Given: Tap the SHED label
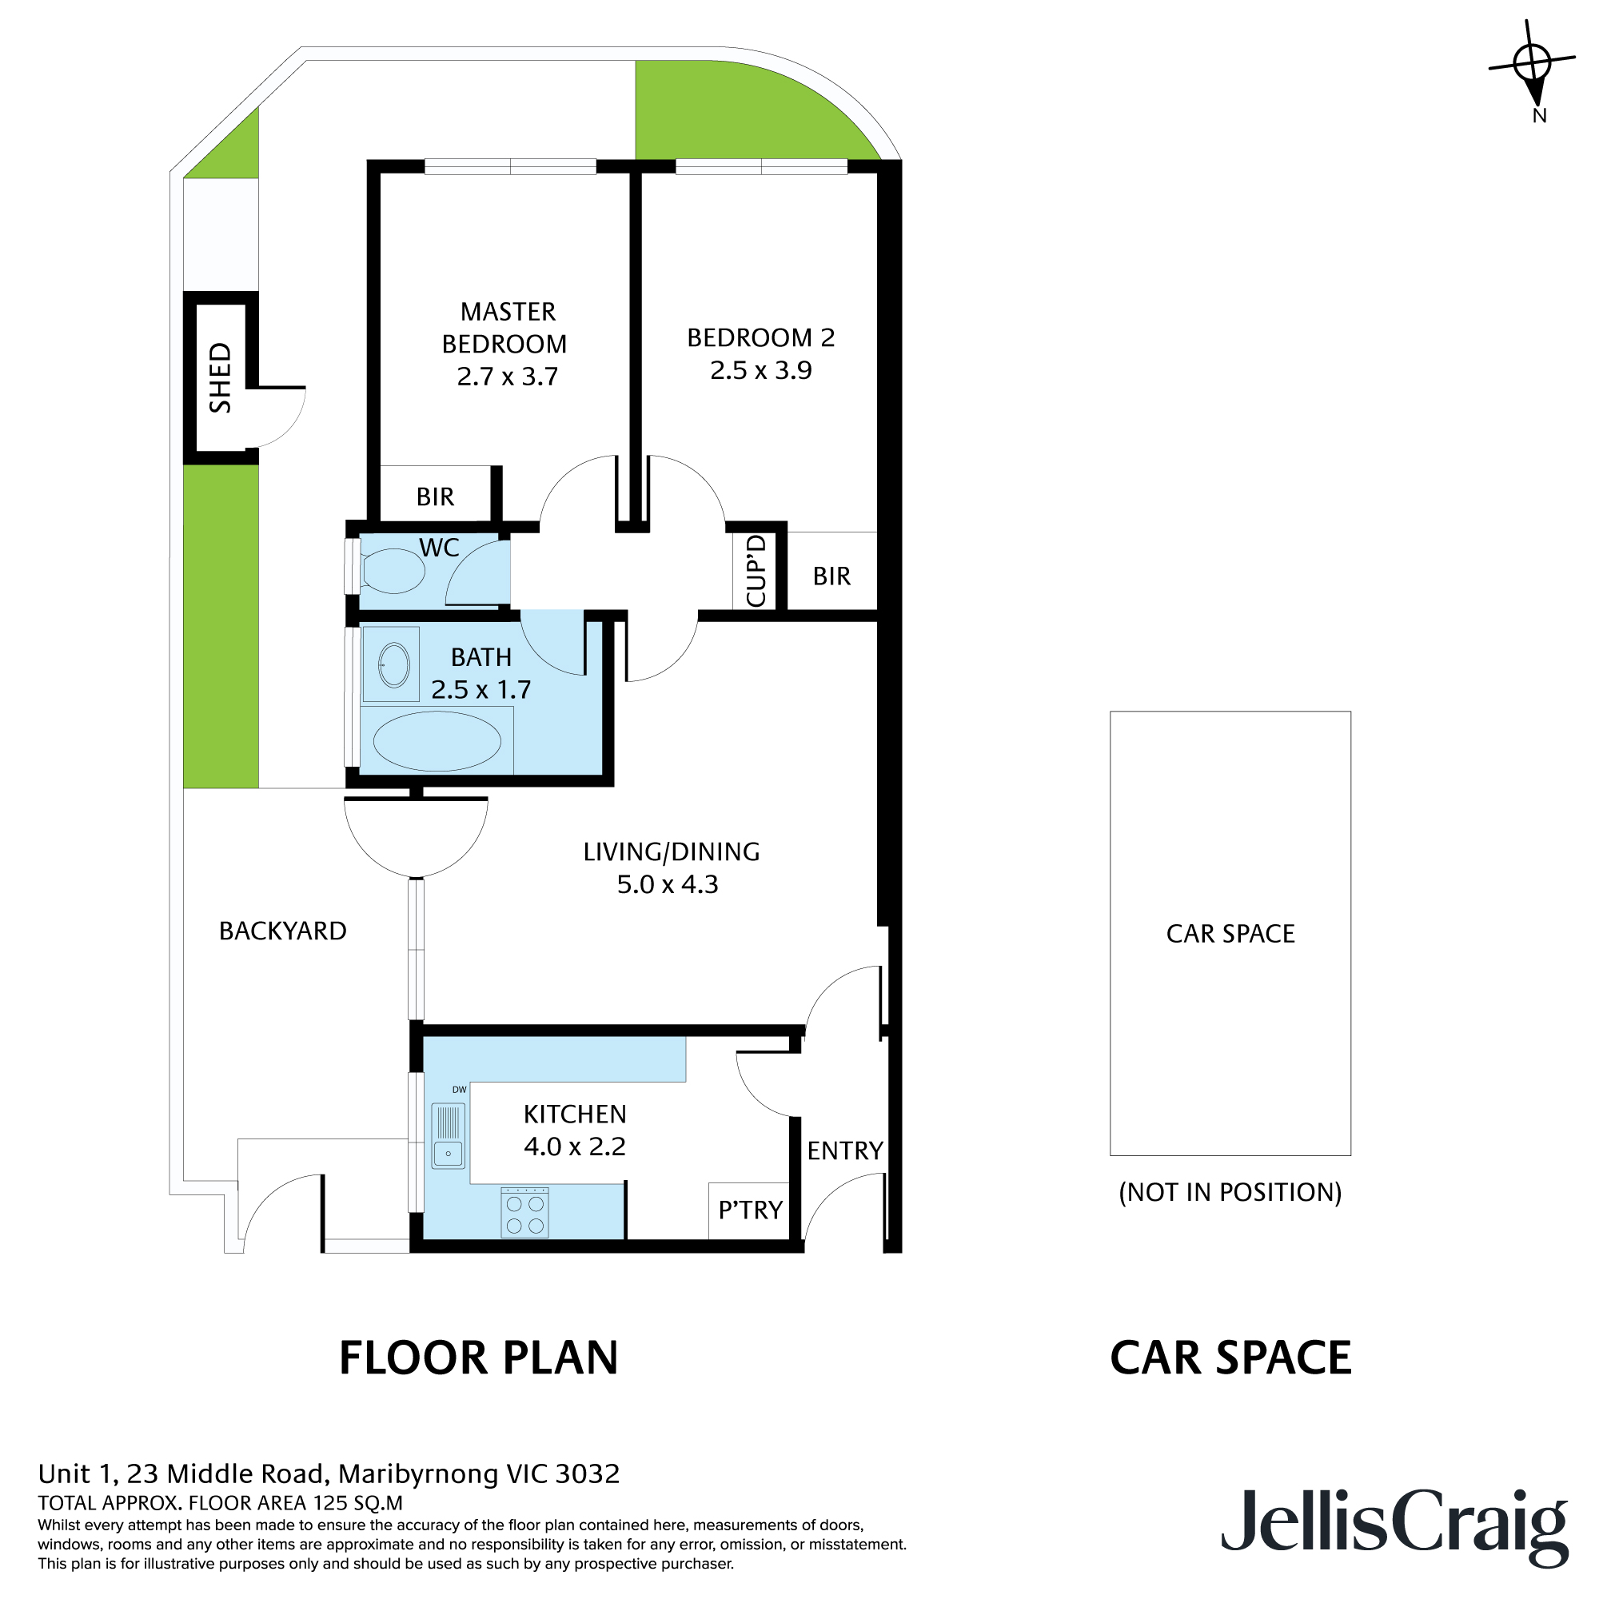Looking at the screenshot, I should (x=220, y=378).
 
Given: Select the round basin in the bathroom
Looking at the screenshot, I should (x=394, y=664).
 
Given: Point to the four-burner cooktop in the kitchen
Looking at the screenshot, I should (x=524, y=1214).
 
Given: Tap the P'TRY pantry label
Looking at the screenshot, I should (x=750, y=1210).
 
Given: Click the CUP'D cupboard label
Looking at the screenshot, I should (x=756, y=572).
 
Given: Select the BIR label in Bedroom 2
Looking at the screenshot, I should (x=831, y=576).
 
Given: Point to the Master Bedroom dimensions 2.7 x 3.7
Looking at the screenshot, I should (x=508, y=377).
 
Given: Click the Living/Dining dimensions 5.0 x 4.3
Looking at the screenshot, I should (x=667, y=885).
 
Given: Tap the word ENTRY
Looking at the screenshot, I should (x=844, y=1150).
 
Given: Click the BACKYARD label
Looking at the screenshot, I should (x=282, y=931).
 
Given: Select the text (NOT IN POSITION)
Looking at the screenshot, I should (x=1230, y=1193).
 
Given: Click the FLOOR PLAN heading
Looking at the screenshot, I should (x=478, y=1358).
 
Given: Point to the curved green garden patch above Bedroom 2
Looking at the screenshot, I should (x=728, y=112).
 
